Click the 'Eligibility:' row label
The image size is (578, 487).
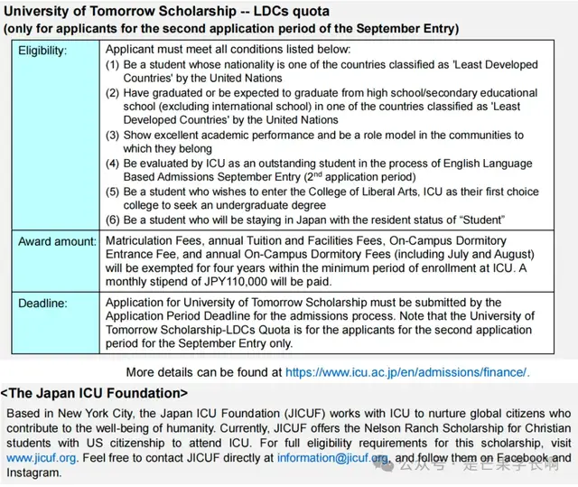click(43, 51)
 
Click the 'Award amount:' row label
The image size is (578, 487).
click(57, 242)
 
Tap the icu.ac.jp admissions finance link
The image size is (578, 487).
click(407, 371)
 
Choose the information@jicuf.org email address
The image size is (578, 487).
click(332, 458)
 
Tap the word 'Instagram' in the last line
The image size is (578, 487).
click(33, 473)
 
